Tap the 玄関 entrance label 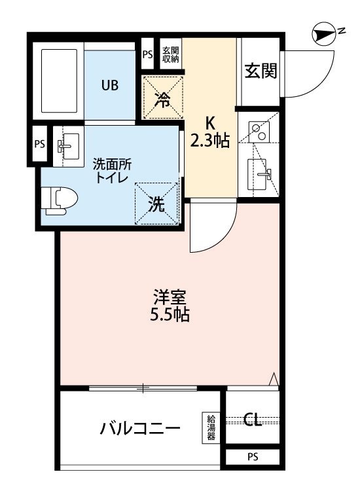(x=260, y=71)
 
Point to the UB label (x=109, y=85)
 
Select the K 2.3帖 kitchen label (x=209, y=131)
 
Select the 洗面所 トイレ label (x=111, y=170)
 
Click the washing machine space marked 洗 (x=157, y=204)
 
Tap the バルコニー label (x=140, y=429)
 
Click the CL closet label (x=253, y=419)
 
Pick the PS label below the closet (x=253, y=457)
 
